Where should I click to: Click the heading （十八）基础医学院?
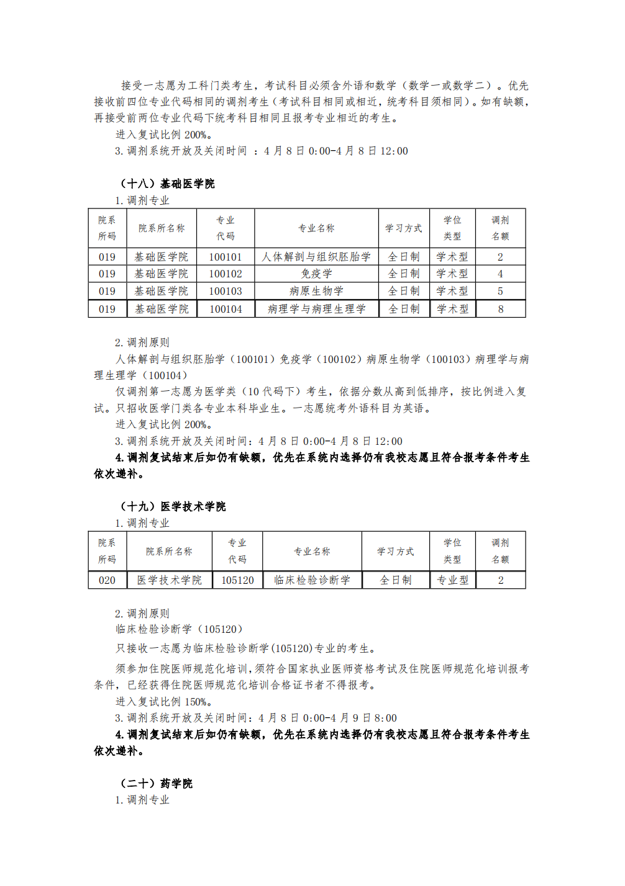coord(167,184)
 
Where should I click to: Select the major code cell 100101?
coord(225,257)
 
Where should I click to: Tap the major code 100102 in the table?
coord(225,274)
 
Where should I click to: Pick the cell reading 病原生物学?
coord(316,291)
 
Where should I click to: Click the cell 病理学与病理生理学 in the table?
coord(316,309)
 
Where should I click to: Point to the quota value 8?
coord(500,309)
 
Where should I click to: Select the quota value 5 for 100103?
coord(500,291)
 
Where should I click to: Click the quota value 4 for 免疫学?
coord(500,274)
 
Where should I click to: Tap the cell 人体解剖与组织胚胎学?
coord(316,257)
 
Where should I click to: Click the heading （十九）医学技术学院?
coord(173,506)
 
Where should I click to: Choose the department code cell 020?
coord(107,580)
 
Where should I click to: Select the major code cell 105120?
coord(237,580)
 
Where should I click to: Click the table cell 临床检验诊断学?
coord(312,580)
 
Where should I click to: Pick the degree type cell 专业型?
coord(452,580)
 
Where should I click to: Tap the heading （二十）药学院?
coord(156,784)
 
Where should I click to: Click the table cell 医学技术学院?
coord(169,580)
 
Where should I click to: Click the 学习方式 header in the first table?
coord(403,228)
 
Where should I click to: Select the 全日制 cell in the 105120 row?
coord(395,580)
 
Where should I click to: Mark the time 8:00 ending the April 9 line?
coord(385,718)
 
